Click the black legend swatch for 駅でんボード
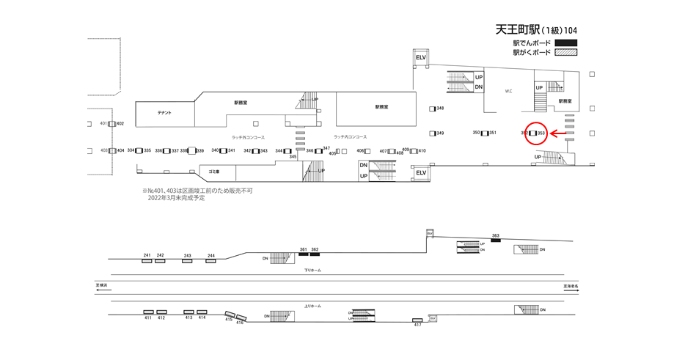coord(566,43)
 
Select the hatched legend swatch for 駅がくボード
coord(566,53)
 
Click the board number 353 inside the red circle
coord(541,133)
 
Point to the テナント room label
coord(164,113)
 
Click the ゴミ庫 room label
coord(214,171)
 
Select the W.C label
coord(508,92)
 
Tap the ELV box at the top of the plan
coord(421,57)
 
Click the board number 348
coord(440,109)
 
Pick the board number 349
coord(440,133)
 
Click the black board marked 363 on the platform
coord(496,241)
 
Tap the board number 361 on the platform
coord(303,249)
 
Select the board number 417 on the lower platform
coord(417,325)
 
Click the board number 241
coord(147,255)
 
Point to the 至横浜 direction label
coord(101,285)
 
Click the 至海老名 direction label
coord(571,286)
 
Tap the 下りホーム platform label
coord(313,270)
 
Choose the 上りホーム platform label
coord(313,306)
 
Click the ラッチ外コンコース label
coord(248,137)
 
